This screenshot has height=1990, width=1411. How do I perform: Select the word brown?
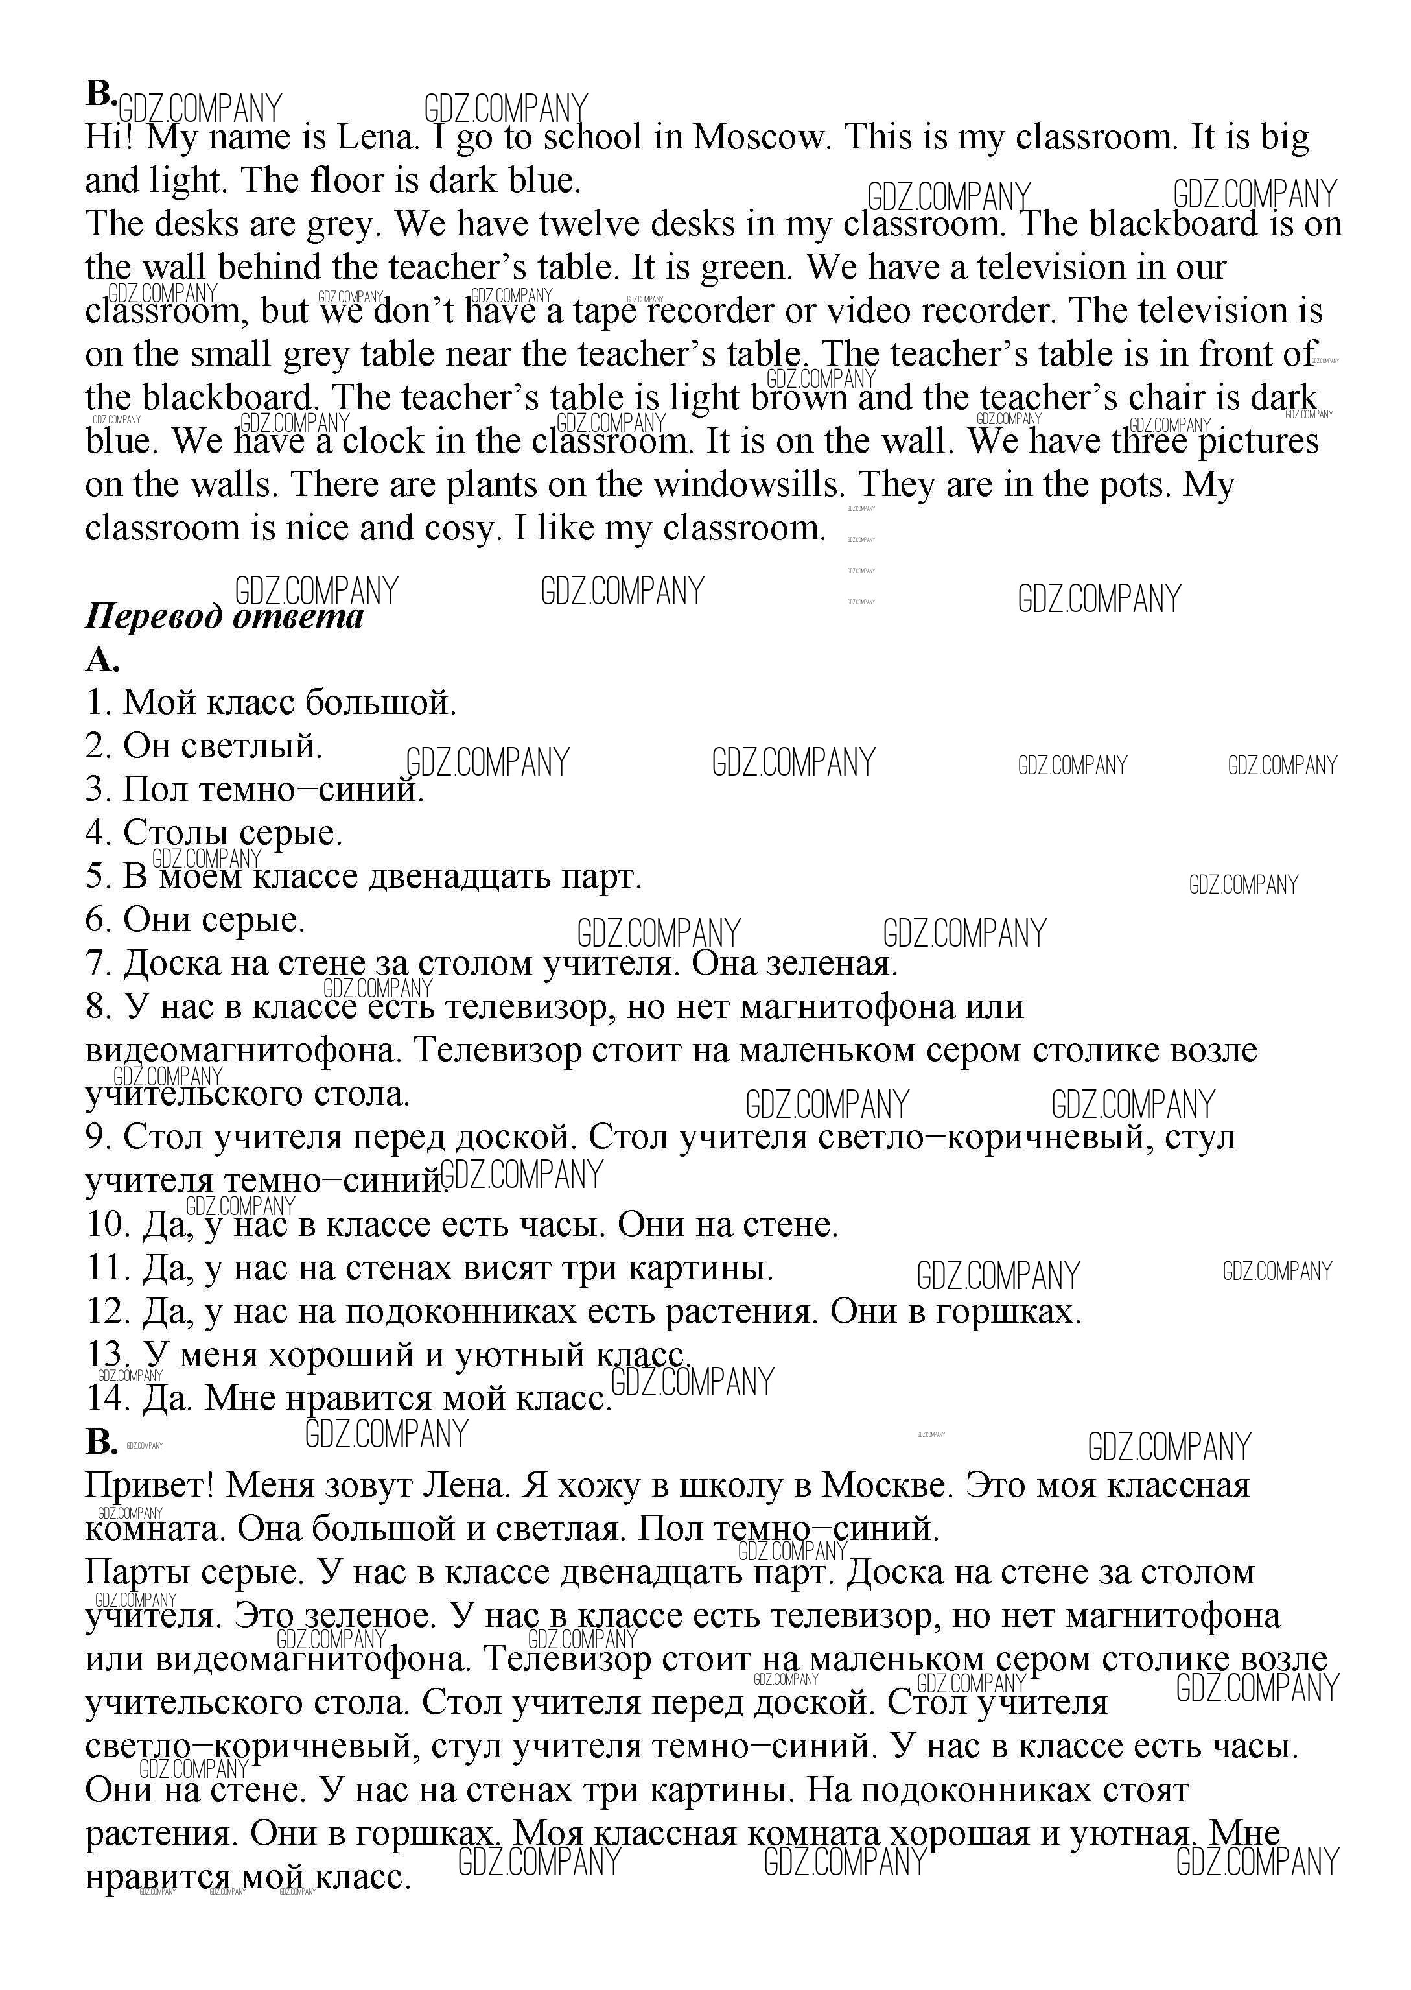[799, 398]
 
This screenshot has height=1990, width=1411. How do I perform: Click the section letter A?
[101, 661]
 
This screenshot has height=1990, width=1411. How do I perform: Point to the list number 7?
[97, 964]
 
